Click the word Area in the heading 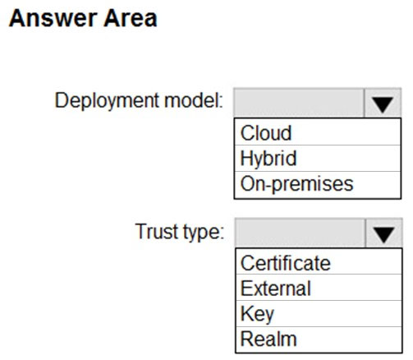click(x=131, y=18)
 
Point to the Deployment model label click(x=139, y=101)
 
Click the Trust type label click(x=180, y=233)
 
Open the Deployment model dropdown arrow click(x=383, y=104)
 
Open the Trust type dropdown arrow click(x=383, y=233)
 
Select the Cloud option click(x=266, y=133)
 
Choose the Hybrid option click(x=268, y=159)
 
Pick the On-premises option click(x=296, y=184)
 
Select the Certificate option click(x=286, y=263)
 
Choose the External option click(x=276, y=288)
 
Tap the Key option click(x=257, y=314)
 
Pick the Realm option click(x=268, y=339)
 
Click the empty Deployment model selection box click(x=299, y=103)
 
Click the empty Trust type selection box click(x=300, y=233)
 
